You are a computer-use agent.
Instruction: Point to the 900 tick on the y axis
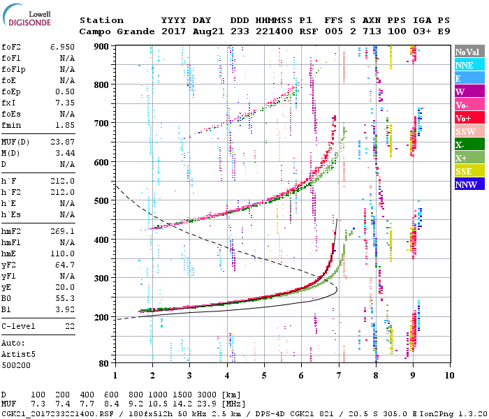103,46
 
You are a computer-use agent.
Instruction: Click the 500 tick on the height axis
103,201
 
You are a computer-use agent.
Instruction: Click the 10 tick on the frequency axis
450,375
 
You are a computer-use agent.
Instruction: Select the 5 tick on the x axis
264,375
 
